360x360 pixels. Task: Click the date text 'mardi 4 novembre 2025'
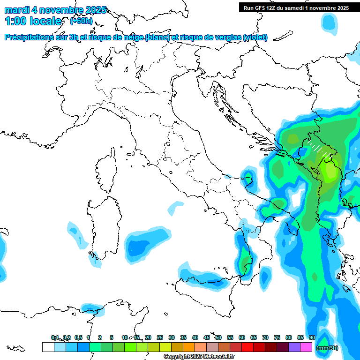click(x=55, y=10)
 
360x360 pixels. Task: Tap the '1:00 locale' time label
click(x=33, y=21)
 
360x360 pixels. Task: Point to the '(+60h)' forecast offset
click(x=81, y=21)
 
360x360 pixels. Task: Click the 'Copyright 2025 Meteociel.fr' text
click(x=199, y=357)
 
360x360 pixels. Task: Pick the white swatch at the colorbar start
click(x=48, y=347)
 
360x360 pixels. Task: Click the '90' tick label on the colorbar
click(x=312, y=337)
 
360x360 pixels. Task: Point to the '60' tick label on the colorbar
click(x=242, y=337)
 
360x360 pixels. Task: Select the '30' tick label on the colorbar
click(x=172, y=337)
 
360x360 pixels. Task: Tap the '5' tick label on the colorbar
click(x=112, y=337)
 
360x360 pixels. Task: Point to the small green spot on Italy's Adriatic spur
click(x=247, y=176)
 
